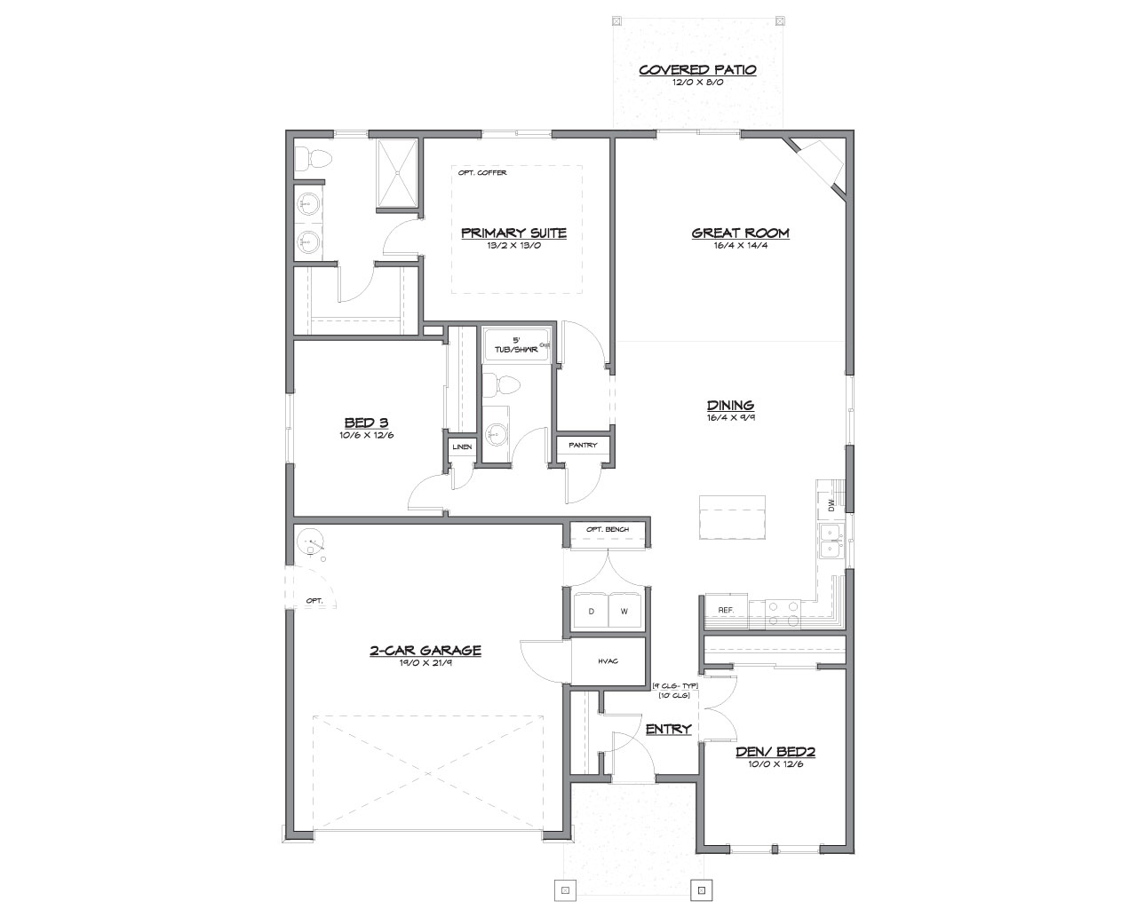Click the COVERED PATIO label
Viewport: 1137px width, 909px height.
(697, 70)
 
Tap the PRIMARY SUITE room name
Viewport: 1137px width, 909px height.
(513, 233)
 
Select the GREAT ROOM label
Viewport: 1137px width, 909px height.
(740, 233)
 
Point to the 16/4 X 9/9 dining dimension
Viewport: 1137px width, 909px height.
(730, 417)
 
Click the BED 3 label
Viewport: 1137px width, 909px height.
(366, 423)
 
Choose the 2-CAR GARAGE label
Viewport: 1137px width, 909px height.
(425, 650)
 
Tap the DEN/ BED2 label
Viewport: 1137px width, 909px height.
(775, 752)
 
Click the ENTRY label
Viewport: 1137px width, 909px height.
(668, 729)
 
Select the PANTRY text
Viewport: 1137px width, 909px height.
(583, 446)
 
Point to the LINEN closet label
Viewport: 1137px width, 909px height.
(462, 447)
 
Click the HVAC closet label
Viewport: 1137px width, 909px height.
(608, 660)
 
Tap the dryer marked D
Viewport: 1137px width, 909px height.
(592, 611)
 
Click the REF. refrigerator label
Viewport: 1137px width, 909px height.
(726, 610)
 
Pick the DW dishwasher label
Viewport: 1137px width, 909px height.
(831, 505)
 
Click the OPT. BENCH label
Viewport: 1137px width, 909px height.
(608, 529)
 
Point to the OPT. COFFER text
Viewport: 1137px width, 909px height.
(481, 173)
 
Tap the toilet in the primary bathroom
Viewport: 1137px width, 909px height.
(312, 158)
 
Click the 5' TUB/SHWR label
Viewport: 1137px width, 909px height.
(516, 345)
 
